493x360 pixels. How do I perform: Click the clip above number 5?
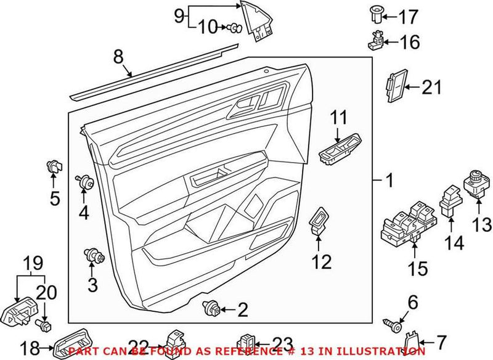pos(54,167)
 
